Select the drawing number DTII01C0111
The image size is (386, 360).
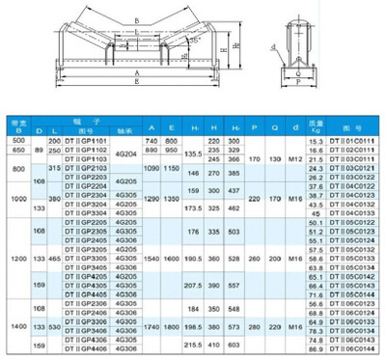(x=349, y=142)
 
